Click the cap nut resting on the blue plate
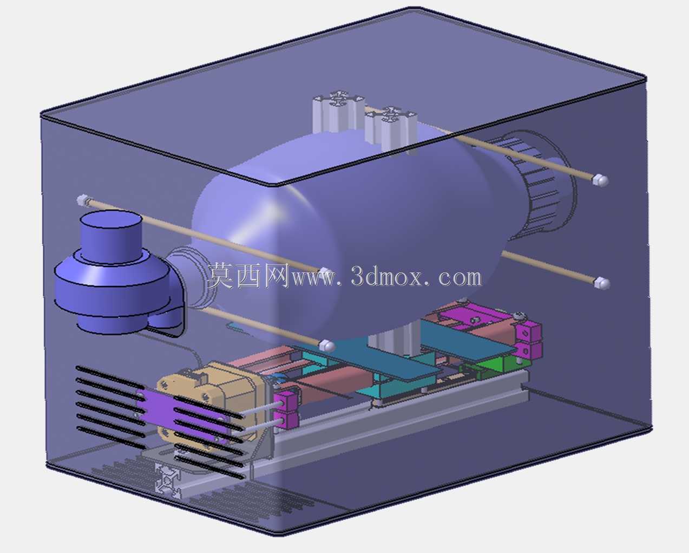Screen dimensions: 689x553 [327, 346]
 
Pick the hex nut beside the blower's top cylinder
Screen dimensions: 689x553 [82, 200]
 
